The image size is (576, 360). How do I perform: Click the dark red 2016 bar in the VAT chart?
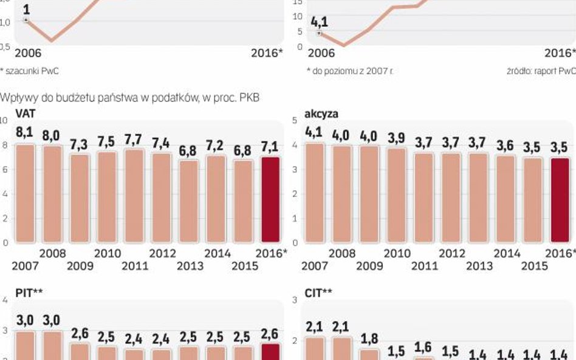[x=270, y=199]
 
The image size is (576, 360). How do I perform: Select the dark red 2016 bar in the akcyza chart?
[x=561, y=199]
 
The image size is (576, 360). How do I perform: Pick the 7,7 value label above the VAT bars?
[x=134, y=140]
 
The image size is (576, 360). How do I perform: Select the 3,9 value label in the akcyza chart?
[x=397, y=138]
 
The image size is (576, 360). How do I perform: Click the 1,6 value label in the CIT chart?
[x=424, y=347]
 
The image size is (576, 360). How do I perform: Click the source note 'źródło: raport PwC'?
[x=540, y=71]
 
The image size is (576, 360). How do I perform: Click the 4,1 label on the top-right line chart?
[x=320, y=22]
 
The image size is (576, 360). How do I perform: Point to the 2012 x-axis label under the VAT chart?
[x=162, y=253]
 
